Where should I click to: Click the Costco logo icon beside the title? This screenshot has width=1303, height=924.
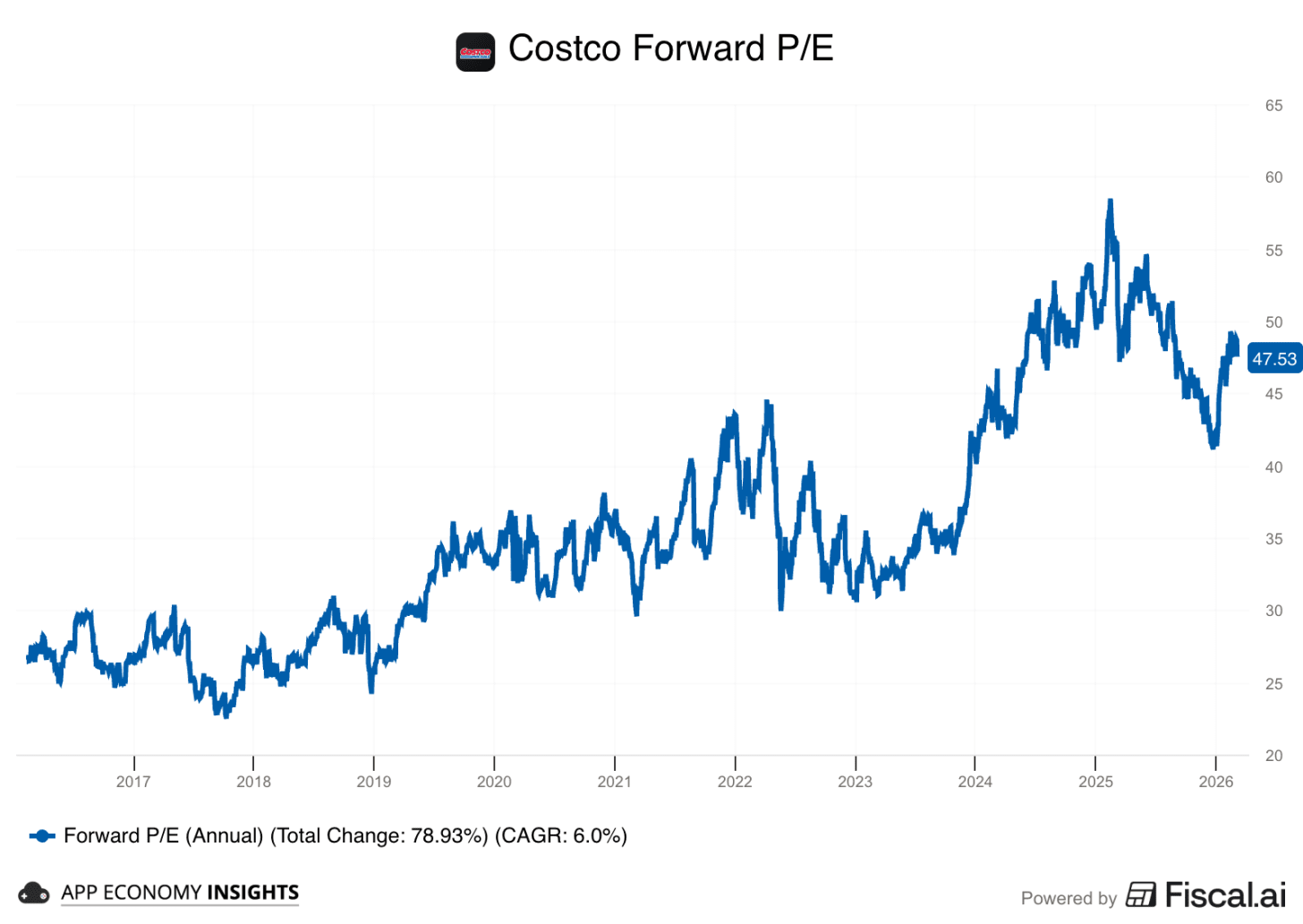tap(475, 52)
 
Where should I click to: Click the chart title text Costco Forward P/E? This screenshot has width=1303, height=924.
tap(670, 48)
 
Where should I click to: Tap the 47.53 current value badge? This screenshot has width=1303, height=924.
tap(1273, 359)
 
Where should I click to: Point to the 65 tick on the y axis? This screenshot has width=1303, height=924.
tap(1273, 106)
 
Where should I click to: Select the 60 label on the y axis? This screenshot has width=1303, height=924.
tap(1273, 177)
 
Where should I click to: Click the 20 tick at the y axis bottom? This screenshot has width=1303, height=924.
tap(1273, 756)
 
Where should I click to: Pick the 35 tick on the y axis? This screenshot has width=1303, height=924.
tap(1273, 539)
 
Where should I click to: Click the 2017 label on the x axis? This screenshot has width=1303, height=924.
tap(133, 782)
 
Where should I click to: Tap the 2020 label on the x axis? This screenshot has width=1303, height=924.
tap(494, 782)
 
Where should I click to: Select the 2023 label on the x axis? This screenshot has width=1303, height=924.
tap(855, 782)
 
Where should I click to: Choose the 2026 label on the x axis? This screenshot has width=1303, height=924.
tap(1215, 782)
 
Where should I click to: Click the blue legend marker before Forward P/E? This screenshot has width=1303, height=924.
tap(42, 836)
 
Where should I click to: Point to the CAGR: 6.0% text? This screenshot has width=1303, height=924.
tap(561, 836)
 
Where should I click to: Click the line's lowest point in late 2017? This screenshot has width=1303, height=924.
tap(226, 715)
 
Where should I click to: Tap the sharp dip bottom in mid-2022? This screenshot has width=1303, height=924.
tap(781, 608)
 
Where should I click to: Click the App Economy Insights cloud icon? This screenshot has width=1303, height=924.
tap(34, 893)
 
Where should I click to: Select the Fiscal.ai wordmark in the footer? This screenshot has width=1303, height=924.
tap(1224, 894)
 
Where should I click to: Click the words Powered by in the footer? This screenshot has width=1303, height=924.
tap(1069, 898)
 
